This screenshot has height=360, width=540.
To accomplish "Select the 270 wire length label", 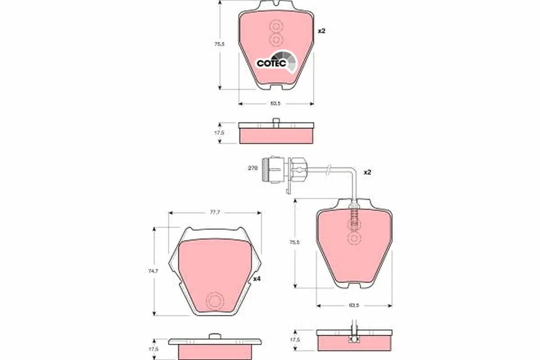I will click(x=252, y=168).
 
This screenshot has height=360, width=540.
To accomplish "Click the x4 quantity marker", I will click(x=257, y=279).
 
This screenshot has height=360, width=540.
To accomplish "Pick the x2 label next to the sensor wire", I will click(x=367, y=172).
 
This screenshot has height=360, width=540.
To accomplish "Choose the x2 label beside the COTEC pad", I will click(x=321, y=31).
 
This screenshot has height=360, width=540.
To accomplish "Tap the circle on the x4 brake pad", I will click(x=213, y=300).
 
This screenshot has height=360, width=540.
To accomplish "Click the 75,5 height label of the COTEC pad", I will click(x=219, y=44).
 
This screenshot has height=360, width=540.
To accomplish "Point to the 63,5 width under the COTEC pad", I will click(x=275, y=103).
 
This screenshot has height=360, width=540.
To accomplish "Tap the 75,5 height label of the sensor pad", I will click(x=294, y=242).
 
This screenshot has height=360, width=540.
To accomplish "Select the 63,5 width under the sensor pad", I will click(x=354, y=306).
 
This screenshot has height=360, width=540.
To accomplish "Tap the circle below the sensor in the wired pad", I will click(x=354, y=239).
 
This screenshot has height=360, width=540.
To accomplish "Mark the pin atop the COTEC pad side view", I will click(x=275, y=122).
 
